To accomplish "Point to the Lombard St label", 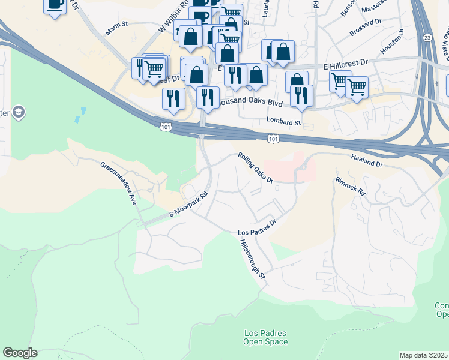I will click(x=283, y=122).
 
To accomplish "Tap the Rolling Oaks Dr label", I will click(x=255, y=167).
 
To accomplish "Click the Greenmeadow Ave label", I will click(x=119, y=184).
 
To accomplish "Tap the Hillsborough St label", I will click(x=252, y=259).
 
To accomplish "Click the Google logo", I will click(x=20, y=353).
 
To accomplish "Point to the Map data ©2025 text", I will click(x=423, y=355).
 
